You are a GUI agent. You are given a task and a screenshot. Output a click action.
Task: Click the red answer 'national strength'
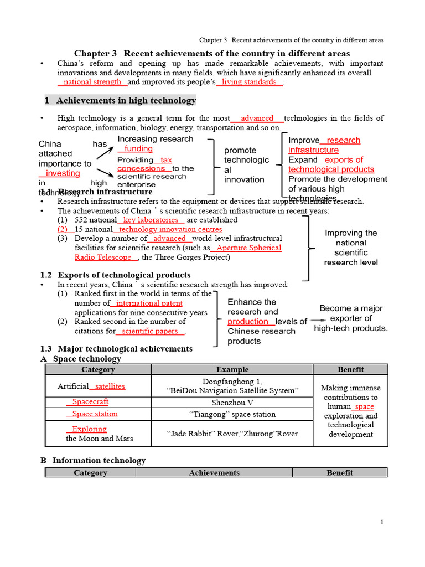coord(92,82)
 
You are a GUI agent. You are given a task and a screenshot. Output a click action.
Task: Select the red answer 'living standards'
coord(249,82)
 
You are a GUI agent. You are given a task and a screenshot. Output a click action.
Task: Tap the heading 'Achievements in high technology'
coord(126,100)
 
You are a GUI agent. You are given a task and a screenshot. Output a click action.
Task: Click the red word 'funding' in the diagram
coord(138,148)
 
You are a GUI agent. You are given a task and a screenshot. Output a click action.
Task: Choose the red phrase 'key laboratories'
coord(153,220)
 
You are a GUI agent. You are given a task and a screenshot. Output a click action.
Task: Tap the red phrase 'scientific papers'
coord(150,331)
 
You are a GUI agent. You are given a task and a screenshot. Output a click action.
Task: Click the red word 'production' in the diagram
coord(248,322)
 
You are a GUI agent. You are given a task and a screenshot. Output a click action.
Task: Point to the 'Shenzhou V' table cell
coord(232,403)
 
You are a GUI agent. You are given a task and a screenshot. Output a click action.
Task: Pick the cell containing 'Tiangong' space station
coord(232,414)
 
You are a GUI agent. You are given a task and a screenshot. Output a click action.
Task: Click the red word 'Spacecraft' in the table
coord(90,402)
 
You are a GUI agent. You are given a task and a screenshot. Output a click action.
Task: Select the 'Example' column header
coord(232,369)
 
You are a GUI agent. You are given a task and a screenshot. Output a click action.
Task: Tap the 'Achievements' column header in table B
coord(214,473)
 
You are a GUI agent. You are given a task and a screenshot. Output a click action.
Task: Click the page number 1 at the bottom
coord(382,523)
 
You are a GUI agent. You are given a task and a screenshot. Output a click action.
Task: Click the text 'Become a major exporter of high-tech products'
coord(351,318)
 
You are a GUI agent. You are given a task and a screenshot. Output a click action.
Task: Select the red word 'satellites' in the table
coord(110,386)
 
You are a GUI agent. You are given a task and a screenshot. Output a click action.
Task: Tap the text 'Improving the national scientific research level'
coord(351,248)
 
